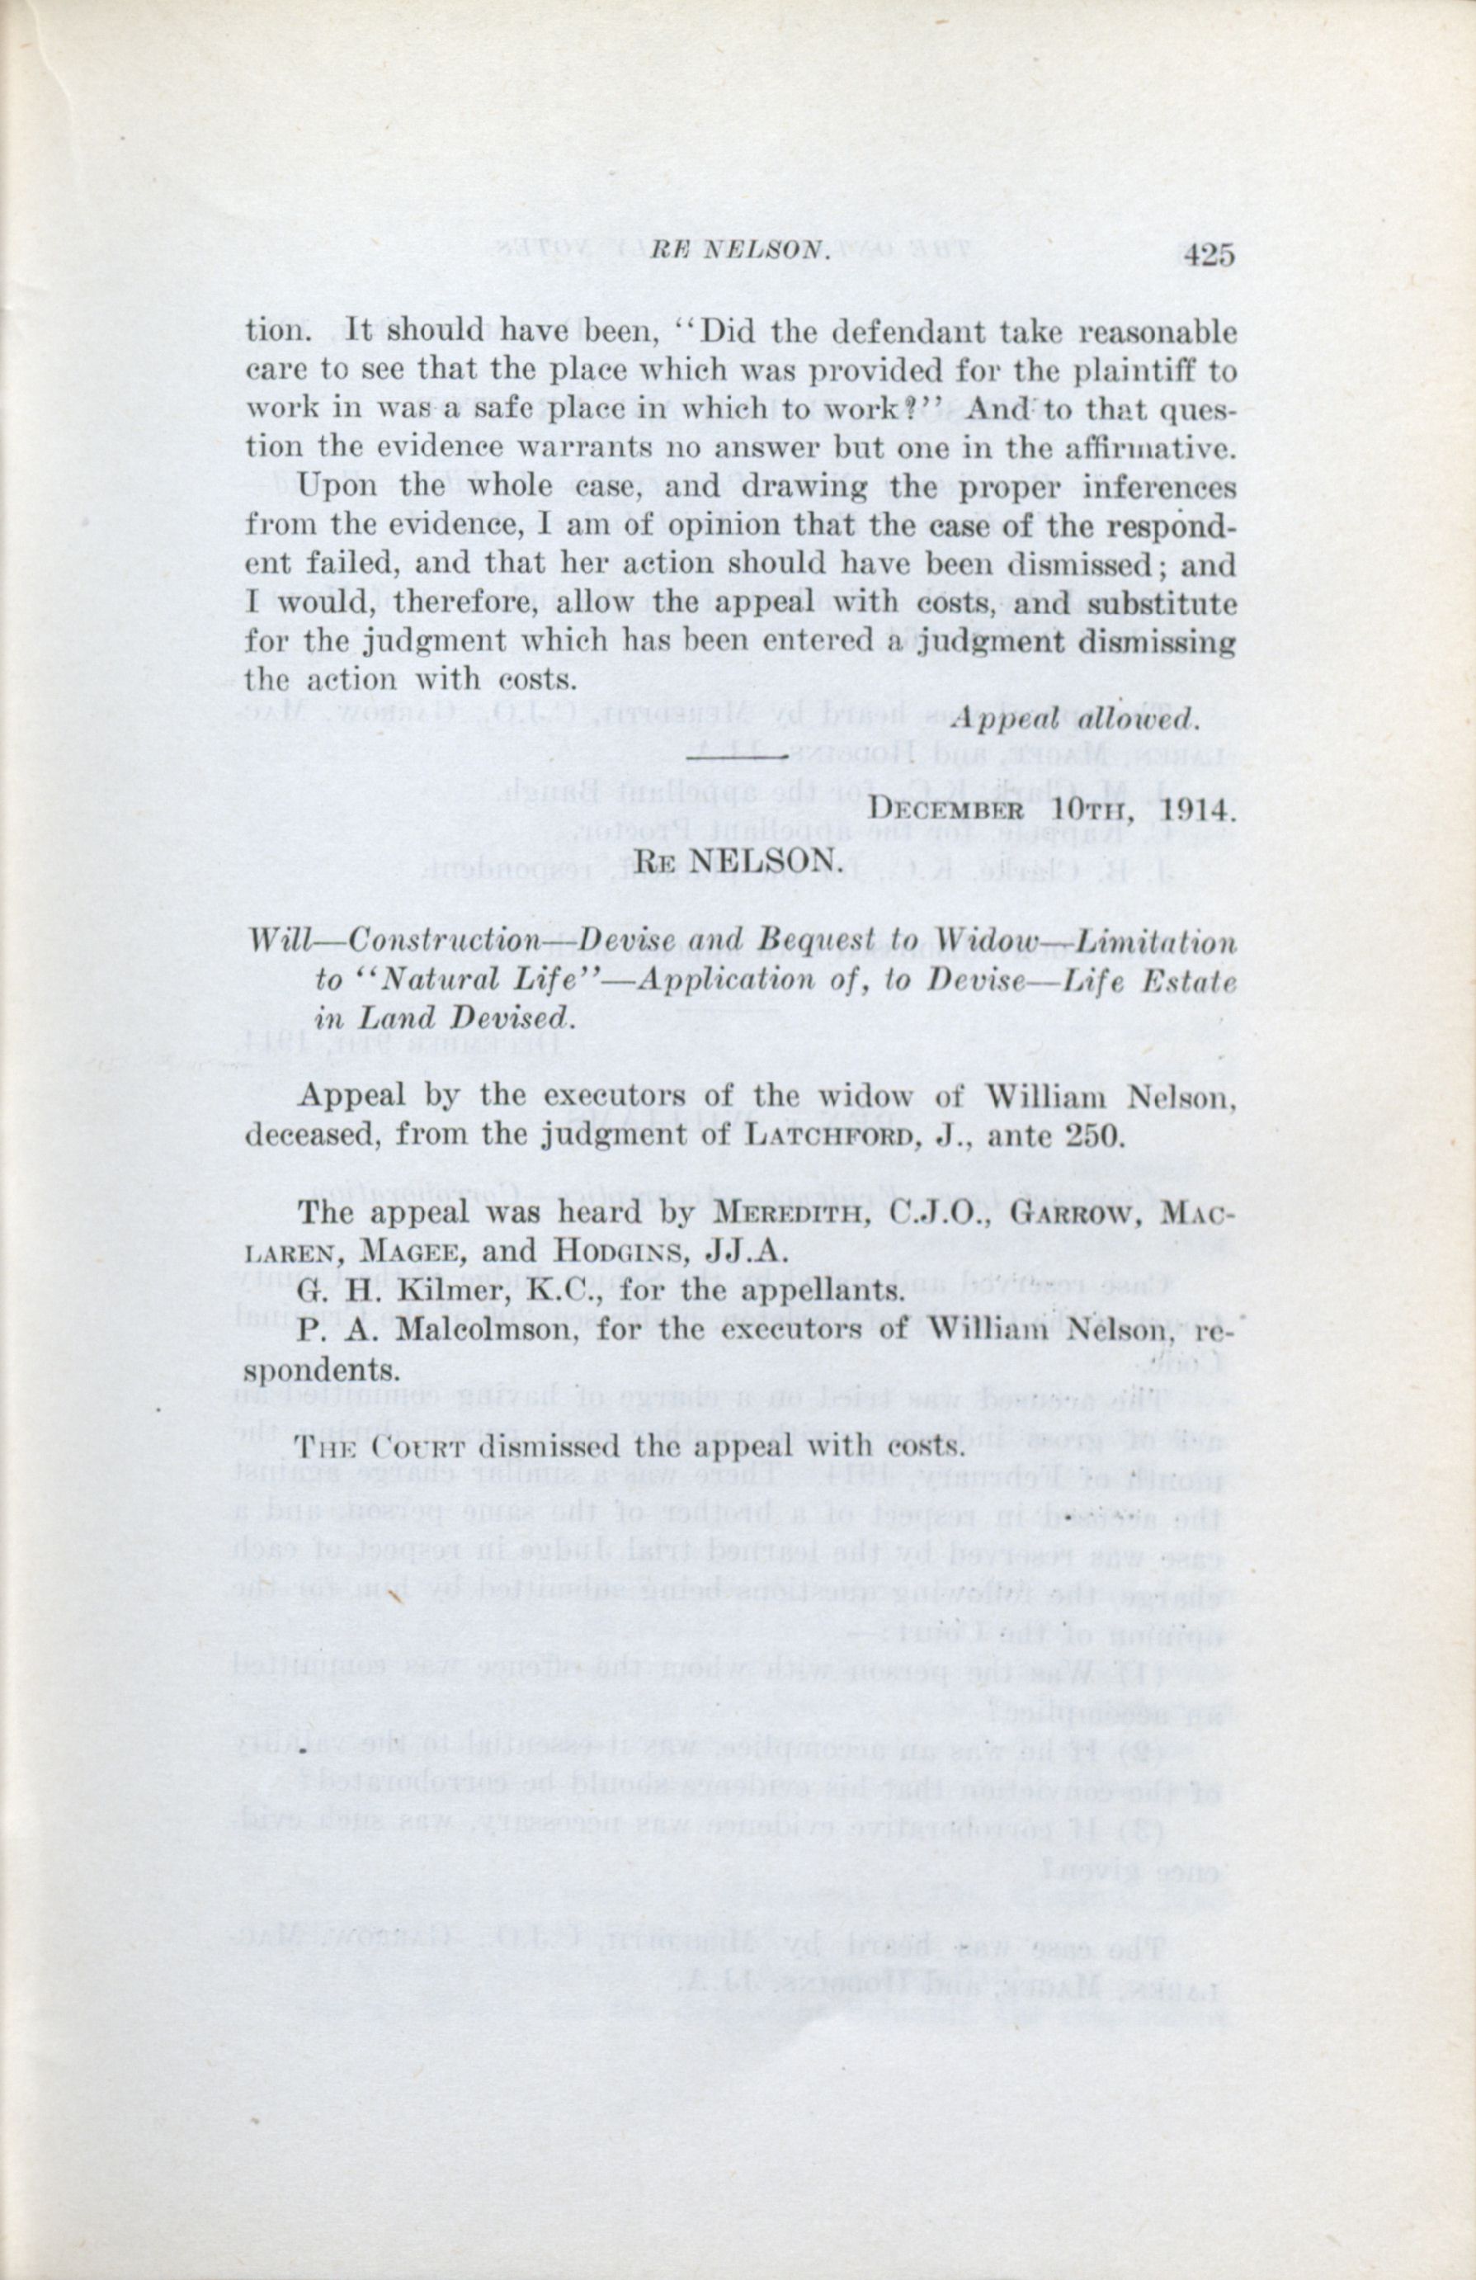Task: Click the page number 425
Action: coord(1210,255)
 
